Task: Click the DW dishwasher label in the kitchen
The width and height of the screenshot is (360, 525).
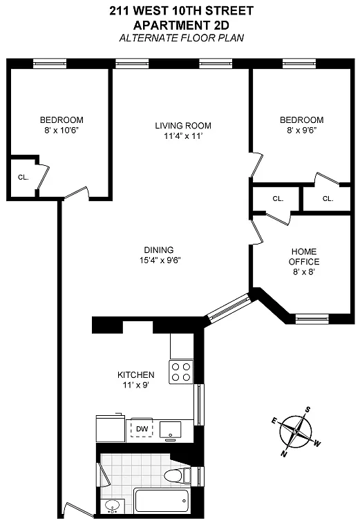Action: point(142,429)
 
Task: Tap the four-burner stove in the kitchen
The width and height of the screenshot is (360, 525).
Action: point(181,372)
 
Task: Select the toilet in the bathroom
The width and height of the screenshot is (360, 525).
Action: point(178,475)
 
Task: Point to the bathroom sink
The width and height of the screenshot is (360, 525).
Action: point(111,506)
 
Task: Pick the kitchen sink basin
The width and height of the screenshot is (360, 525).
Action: point(171,430)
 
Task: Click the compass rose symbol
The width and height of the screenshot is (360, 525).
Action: point(296,432)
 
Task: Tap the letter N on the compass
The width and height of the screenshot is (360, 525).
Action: point(284,454)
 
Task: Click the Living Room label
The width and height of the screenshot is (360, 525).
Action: point(183,126)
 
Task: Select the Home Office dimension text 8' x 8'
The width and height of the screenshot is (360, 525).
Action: point(304,272)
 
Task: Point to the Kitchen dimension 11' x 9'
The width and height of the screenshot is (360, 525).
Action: point(135,385)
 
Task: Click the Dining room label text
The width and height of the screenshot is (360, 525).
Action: point(159,250)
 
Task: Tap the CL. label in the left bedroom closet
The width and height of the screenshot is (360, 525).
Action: point(23,178)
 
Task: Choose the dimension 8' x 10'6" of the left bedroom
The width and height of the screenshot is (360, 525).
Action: point(61,131)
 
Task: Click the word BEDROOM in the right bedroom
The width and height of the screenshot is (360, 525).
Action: point(302,120)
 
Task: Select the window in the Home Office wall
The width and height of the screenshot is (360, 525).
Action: point(312,318)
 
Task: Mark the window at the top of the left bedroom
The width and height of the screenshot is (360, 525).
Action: point(50,64)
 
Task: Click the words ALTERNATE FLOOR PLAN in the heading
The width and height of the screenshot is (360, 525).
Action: point(182,38)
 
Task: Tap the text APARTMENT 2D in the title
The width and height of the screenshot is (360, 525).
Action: point(181,25)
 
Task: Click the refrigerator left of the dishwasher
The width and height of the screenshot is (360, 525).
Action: point(111,429)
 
